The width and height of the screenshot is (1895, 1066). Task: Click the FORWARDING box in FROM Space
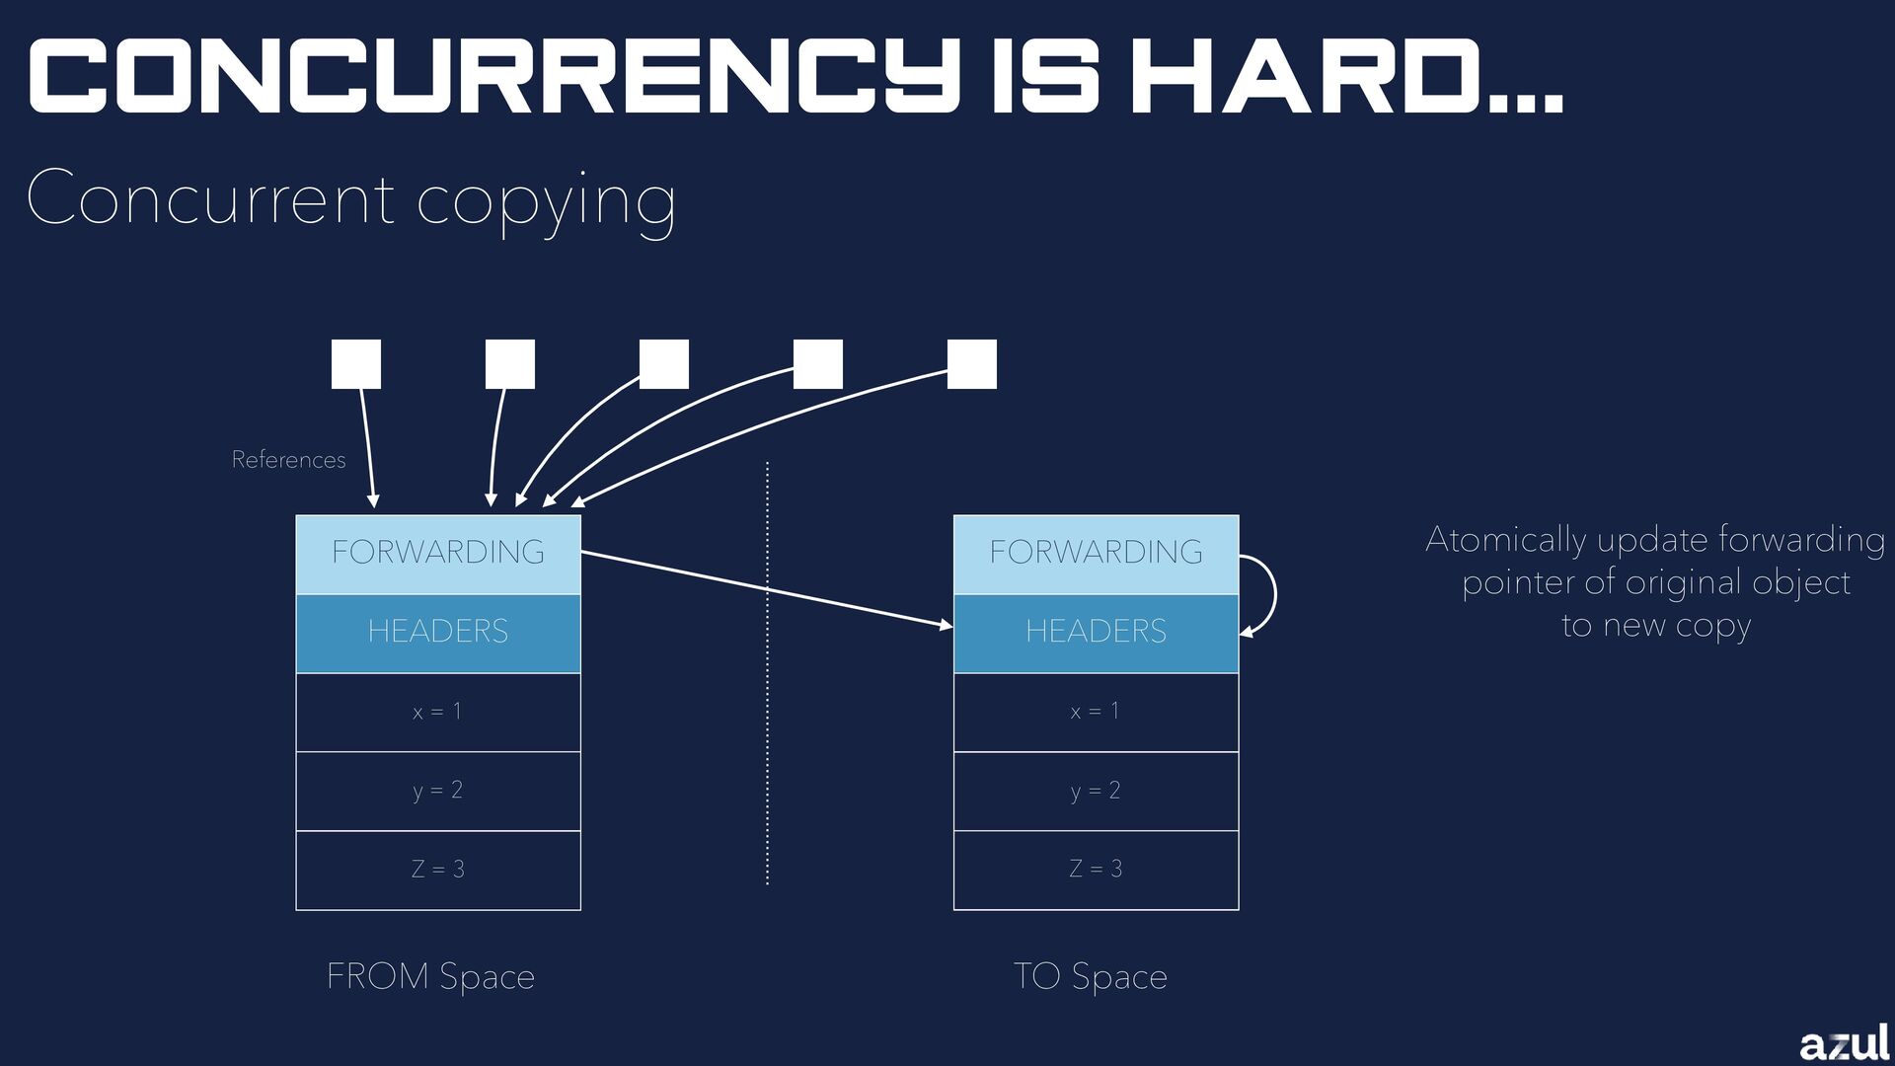click(438, 554)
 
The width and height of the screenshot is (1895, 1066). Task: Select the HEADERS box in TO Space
click(1096, 633)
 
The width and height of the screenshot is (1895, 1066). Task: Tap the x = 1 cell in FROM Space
click(438, 712)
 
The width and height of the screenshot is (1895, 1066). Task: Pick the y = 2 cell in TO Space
click(1096, 791)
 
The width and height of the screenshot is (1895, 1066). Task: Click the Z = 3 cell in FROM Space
click(438, 870)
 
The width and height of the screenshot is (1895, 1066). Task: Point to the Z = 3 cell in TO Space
click(1096, 870)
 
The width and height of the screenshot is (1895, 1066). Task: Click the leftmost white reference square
click(356, 364)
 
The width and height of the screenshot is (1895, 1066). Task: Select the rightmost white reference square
click(972, 364)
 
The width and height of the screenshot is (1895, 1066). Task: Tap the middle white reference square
click(664, 364)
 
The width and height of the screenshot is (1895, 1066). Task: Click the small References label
click(288, 460)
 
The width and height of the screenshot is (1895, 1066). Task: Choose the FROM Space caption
click(430, 976)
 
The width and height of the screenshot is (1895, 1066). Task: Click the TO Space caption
click(1091, 976)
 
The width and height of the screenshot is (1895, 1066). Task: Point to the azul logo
click(1844, 1042)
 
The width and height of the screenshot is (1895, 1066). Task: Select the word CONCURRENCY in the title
click(493, 77)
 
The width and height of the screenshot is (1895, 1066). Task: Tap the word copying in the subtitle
click(547, 200)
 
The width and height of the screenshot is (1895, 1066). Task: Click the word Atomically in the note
click(1505, 540)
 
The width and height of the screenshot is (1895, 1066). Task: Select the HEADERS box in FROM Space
click(438, 633)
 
